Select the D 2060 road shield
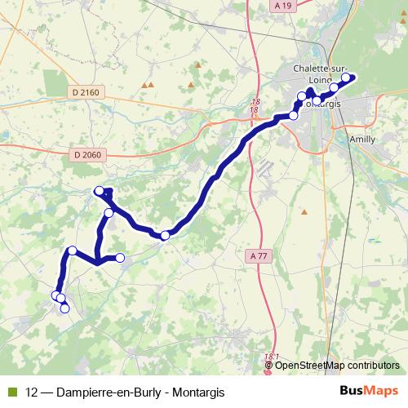pos(86,155)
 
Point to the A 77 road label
pos(259,256)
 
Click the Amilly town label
pos(362,140)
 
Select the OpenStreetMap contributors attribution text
pos(337,365)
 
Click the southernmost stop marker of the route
pos(64,308)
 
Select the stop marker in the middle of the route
pos(165,235)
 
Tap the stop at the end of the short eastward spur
pos(120,258)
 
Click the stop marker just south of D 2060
pos(100,191)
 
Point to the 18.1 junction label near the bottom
pos(272,357)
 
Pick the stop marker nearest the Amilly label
pos(334,109)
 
